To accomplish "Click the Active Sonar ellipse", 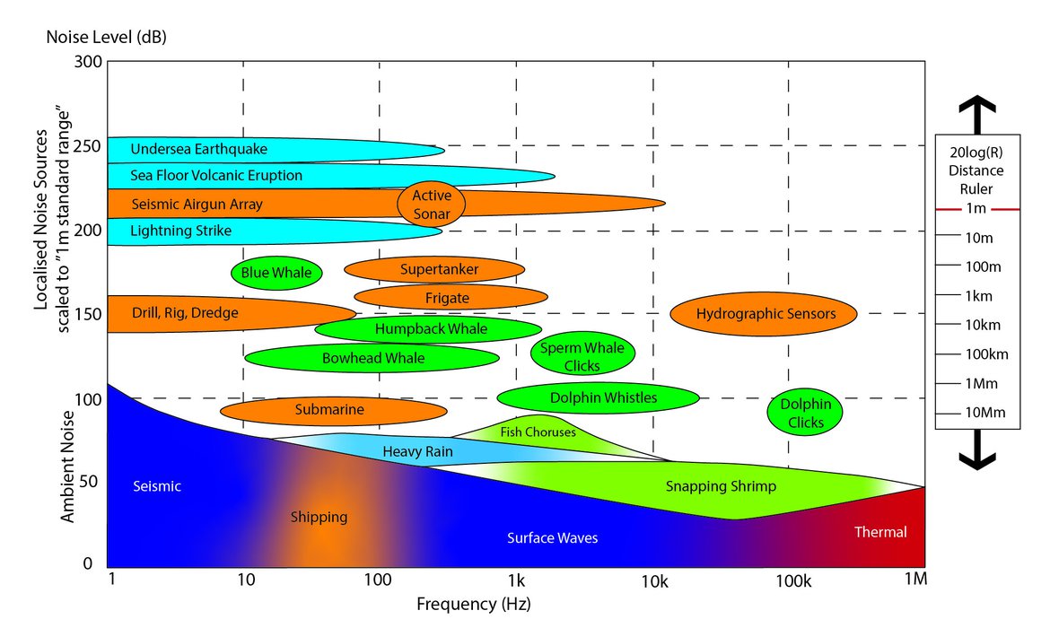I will [431, 205].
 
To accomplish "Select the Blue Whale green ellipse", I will [276, 273].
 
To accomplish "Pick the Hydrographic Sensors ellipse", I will [765, 313].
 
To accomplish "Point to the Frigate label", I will [447, 298].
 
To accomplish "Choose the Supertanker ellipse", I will [434, 269].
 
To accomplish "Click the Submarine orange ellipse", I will [333, 411].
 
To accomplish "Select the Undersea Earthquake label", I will [198, 149].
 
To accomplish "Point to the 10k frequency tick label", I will [654, 581].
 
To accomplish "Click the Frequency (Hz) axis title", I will [474, 604].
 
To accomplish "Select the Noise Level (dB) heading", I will [106, 38].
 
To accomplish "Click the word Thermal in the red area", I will [880, 532].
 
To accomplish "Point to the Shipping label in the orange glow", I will [319, 518].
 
